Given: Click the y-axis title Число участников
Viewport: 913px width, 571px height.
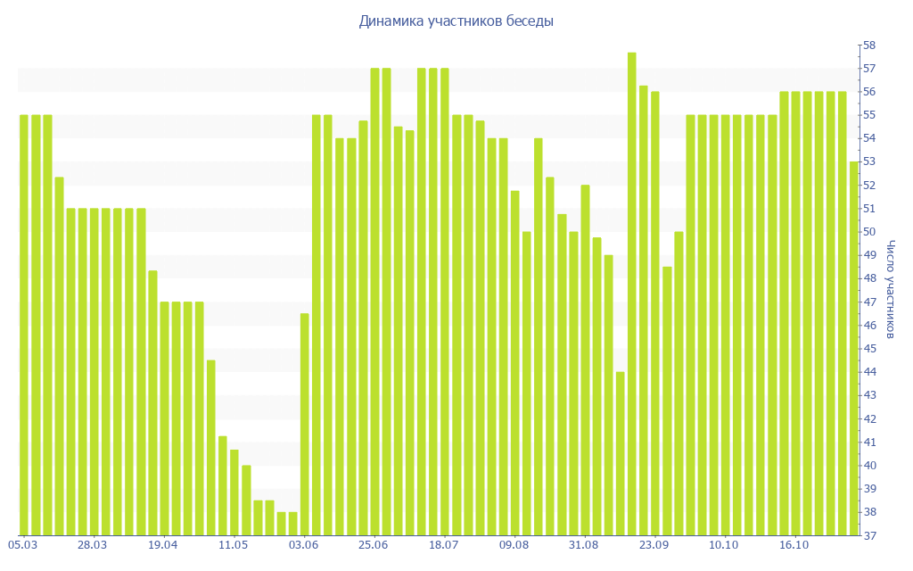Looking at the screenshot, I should (x=890, y=289).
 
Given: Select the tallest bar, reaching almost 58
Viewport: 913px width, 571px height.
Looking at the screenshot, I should (x=631, y=294).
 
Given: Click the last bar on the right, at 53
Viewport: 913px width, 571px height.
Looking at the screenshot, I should (x=854, y=348).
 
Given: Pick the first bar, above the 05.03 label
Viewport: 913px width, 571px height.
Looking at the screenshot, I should (x=24, y=325).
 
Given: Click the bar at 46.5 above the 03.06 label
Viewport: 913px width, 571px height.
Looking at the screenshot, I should (x=305, y=424).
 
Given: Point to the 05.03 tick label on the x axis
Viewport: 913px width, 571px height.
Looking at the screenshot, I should (x=22, y=544).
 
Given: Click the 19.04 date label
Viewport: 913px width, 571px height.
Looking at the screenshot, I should (x=163, y=544).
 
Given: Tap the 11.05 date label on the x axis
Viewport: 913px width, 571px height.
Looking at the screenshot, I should (x=234, y=544).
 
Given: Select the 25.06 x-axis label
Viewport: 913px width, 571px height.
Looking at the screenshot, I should (x=374, y=544).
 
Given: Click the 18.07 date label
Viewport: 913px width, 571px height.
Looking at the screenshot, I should (x=443, y=544).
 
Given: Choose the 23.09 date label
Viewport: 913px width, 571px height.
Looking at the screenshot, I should (x=654, y=544).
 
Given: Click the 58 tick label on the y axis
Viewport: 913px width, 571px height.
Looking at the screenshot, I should (x=868, y=46).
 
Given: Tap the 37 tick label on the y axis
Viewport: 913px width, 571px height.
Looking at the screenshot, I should (x=868, y=535).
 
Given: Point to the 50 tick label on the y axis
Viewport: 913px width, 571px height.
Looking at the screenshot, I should (x=868, y=232).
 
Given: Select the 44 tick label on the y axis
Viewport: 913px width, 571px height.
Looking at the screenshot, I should (x=868, y=372).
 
